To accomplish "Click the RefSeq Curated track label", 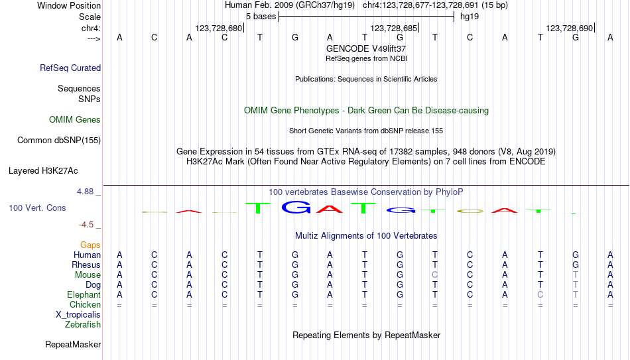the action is [70, 68].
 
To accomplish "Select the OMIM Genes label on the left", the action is [75, 120].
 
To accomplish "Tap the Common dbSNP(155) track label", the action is [59, 141].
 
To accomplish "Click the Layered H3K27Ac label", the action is [43, 171].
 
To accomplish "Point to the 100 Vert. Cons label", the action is [37, 208].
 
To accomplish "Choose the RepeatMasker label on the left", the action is [73, 344].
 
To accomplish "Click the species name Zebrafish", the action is [83, 324].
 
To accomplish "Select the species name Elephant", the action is [84, 294].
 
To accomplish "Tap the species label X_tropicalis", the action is [78, 315].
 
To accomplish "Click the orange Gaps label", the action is [90, 245].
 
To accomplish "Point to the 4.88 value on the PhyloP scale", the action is [85, 192].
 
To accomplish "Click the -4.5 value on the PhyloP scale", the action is [86, 225].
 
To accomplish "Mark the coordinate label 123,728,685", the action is [394, 28].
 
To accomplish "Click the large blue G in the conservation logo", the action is [296, 207].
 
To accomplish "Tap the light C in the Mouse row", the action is [435, 275].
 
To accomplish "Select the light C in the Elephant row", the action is [540, 294].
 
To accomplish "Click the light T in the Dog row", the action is [576, 285].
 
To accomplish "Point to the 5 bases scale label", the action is [261, 17].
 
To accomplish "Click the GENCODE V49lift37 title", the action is [366, 48].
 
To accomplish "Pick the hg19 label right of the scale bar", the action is [470, 17].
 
